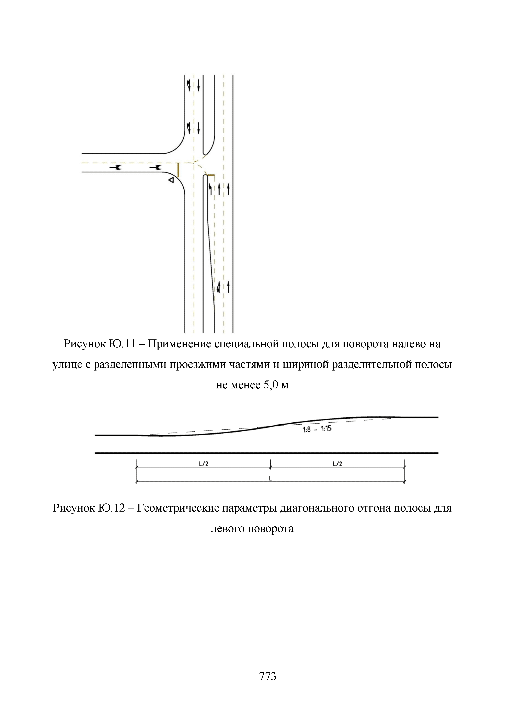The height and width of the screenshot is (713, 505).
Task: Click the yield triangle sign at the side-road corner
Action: [x=171, y=180]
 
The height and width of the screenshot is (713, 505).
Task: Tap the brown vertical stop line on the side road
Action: [x=178, y=170]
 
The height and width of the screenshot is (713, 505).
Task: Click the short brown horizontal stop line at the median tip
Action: [x=210, y=175]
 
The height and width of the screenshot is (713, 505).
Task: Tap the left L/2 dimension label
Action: [x=203, y=464]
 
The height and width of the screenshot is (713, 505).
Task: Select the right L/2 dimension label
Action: [x=337, y=464]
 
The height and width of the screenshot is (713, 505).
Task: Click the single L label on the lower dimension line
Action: [x=270, y=478]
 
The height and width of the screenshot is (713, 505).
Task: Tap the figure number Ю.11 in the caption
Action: [x=123, y=344]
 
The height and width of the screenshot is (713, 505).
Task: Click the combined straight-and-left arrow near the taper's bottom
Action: [x=219, y=287]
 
